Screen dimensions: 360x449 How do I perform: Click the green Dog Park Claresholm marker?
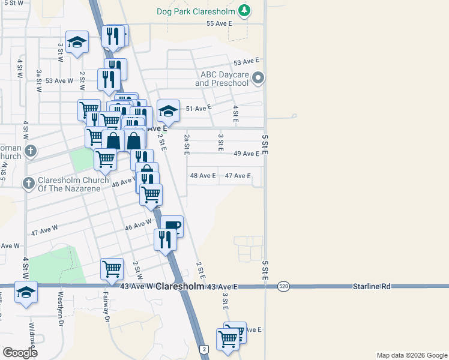(x=244, y=10)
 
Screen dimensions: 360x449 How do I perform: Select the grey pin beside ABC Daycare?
(x=258, y=77)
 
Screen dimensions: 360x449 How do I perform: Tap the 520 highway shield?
(x=282, y=287)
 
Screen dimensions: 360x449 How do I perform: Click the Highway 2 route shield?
(x=204, y=349)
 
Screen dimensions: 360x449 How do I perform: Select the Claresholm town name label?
(x=179, y=287)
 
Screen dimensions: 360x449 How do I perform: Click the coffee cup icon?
(x=172, y=226)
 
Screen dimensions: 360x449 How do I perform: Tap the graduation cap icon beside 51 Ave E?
(x=169, y=111)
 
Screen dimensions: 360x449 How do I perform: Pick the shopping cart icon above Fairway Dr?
(x=112, y=269)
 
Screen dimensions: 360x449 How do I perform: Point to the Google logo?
(x=20, y=353)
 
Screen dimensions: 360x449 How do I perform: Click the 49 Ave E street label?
(x=247, y=154)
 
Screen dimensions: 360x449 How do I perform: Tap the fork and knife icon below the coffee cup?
(x=164, y=239)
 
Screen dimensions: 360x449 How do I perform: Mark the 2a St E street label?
(x=187, y=145)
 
